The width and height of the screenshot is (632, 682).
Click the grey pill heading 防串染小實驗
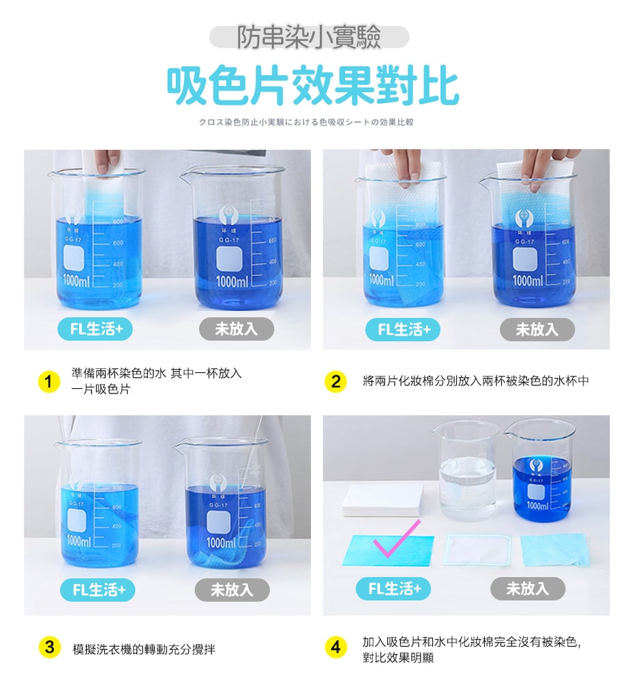(x=309, y=38)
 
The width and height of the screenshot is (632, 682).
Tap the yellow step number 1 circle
(x=48, y=381)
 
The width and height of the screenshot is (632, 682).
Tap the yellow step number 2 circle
(x=335, y=381)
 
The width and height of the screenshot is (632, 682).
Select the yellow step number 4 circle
(x=335, y=647)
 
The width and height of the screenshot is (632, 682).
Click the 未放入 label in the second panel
(x=537, y=330)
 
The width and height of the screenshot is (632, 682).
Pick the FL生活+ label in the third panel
(x=97, y=590)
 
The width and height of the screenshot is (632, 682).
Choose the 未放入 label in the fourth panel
(x=527, y=589)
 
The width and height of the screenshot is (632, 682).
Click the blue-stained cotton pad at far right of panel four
(x=554, y=550)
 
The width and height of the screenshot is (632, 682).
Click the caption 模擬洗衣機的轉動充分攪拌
(x=144, y=649)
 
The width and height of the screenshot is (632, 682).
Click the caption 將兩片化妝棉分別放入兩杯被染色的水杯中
(x=475, y=381)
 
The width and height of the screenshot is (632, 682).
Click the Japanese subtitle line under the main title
(x=306, y=123)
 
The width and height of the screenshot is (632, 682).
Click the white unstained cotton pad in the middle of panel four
(x=477, y=549)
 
